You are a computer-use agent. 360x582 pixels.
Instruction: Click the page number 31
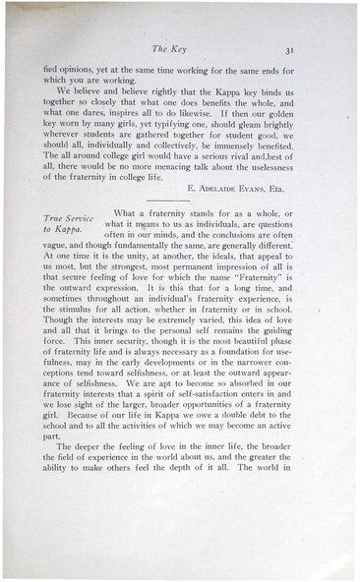[308, 46]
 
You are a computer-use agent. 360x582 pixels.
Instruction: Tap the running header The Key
[184, 46]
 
